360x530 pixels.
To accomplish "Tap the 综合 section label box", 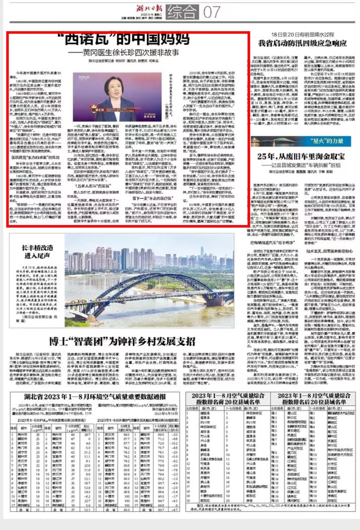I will point(183,12).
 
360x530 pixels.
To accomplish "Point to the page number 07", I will point(212,12).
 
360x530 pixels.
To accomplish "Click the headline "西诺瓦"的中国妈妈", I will point(127,39).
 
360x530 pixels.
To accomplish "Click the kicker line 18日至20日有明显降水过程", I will point(302,35).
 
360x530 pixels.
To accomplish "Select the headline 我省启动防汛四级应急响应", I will point(302,43).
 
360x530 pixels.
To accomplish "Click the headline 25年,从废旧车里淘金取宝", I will point(301,157).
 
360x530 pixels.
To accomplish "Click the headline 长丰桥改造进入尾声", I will point(37,251).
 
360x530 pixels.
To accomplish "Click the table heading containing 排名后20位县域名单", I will point(314,399).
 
